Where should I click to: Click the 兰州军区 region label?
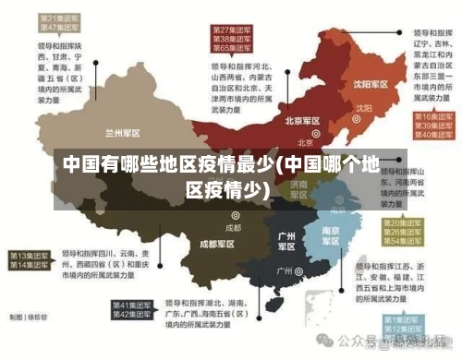pos(124,132)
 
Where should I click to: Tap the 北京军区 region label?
pos(302,121)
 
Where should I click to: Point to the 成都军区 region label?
pos(217,244)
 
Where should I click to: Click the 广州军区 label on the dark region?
pos(287,241)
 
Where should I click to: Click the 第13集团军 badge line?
pos(29,255)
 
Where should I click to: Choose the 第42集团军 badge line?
pos(132,315)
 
